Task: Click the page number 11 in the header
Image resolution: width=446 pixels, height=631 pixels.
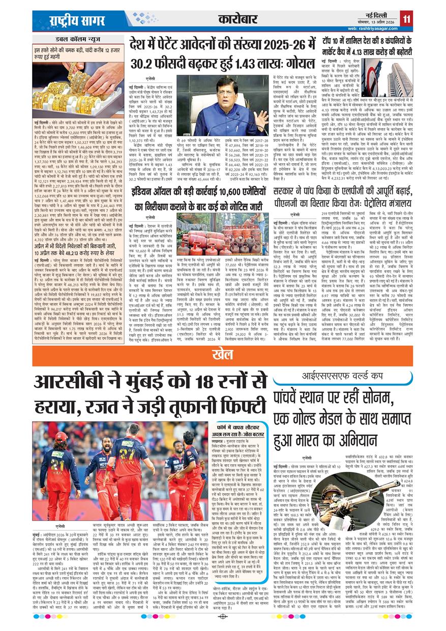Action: pos(407,19)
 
